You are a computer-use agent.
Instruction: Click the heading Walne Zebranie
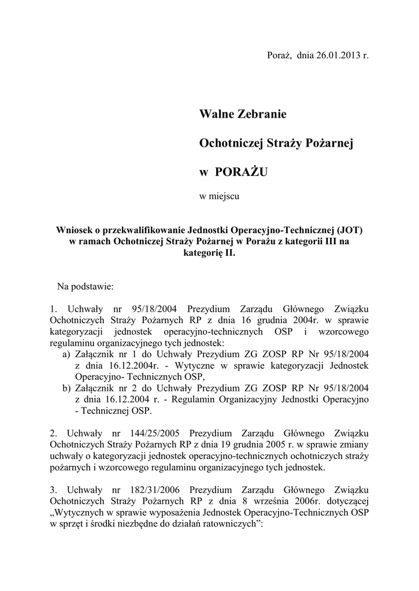[243, 114]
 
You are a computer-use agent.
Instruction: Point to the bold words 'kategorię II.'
[209, 253]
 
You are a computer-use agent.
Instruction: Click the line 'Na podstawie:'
[86, 286]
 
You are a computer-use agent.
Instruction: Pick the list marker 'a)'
[66, 354]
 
